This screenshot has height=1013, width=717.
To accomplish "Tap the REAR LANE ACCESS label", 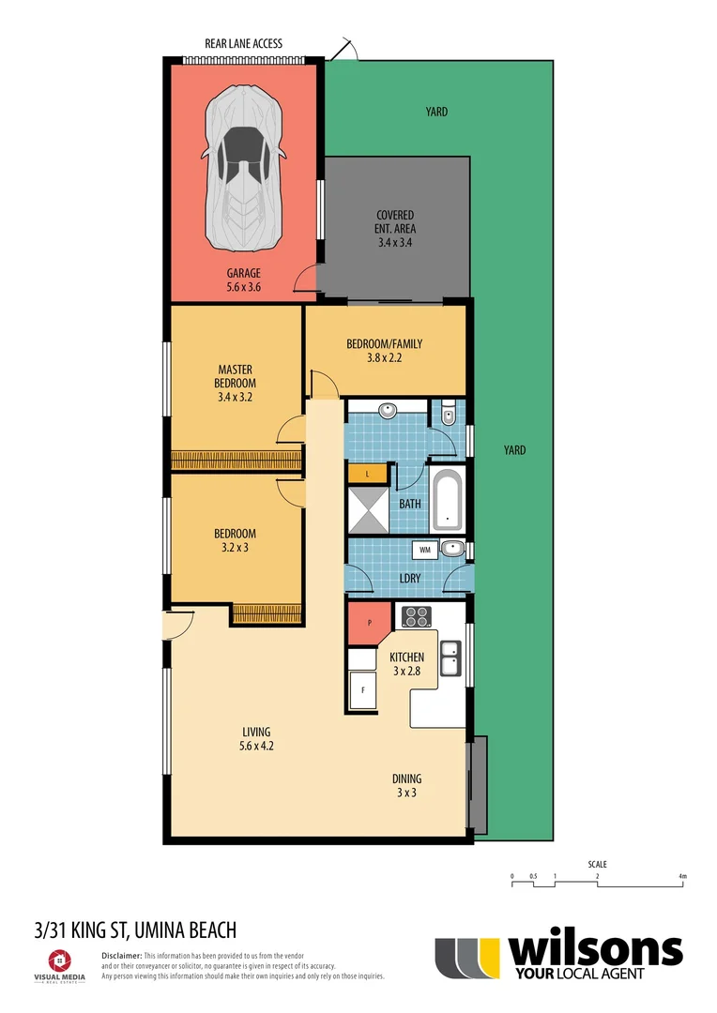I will (243, 43).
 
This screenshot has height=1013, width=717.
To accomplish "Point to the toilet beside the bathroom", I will (448, 414).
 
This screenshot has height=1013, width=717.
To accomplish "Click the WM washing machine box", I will (424, 549).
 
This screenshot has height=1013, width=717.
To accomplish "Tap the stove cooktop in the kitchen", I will (416, 617).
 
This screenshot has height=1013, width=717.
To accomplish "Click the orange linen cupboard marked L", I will (368, 474).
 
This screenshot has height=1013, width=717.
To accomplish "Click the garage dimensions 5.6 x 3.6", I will (243, 287).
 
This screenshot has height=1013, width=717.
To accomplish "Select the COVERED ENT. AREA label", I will (395, 221).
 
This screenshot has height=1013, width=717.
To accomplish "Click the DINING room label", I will (406, 779).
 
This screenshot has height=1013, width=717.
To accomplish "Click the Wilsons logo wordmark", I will (594, 951).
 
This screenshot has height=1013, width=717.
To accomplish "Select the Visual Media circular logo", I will (58, 960).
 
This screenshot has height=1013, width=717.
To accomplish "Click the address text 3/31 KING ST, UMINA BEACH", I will (134, 930).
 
